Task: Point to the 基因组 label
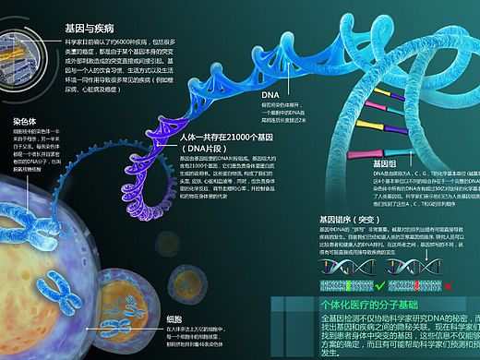point(383,162)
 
